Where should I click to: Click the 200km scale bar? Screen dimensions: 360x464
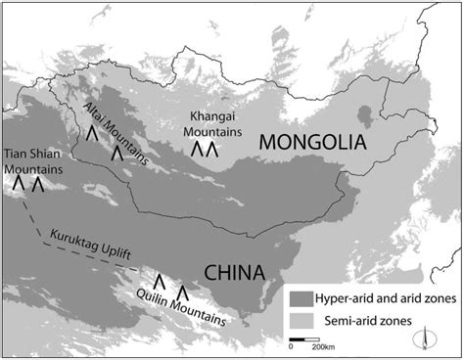coord(308,340)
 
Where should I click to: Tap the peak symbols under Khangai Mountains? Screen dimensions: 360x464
coord(203,150)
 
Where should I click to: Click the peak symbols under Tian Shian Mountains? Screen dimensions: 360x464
coord(28,183)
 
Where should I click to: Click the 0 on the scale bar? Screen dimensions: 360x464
coord(291,347)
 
